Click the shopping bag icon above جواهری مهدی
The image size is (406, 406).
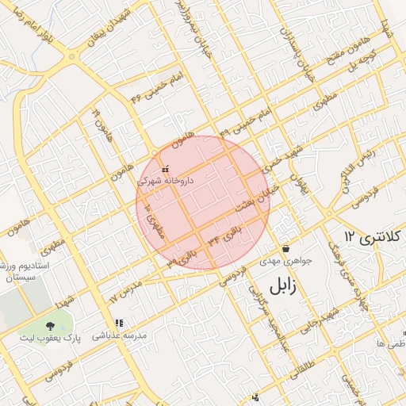285,249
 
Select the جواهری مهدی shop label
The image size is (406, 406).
287,261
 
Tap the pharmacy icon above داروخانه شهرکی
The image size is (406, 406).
165,170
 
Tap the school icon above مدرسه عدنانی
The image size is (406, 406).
119,324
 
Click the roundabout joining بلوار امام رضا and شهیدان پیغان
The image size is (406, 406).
73,57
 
